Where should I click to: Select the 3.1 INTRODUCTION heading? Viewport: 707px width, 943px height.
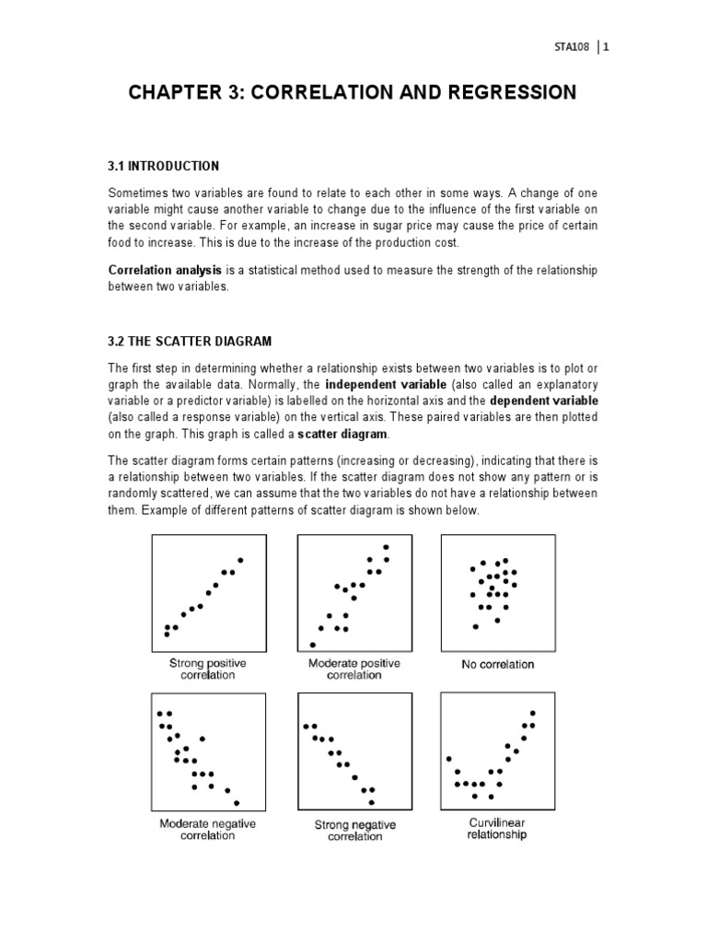coord(164,166)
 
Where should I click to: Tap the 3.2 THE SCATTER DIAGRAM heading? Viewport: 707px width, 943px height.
coord(190,341)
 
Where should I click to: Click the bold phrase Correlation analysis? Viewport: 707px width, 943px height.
coord(165,270)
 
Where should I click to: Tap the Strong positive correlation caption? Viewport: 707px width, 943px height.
coord(208,669)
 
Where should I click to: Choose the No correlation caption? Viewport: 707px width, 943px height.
coord(497,663)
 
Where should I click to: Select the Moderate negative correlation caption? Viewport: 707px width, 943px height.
coord(208,829)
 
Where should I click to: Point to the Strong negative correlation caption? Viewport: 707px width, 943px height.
coord(355,831)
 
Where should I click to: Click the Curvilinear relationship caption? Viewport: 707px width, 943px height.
coord(497,829)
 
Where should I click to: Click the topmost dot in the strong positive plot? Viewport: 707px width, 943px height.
coord(240,560)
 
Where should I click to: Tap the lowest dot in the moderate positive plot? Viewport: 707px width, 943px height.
coord(313,645)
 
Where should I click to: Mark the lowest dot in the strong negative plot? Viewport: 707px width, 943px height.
coord(372,802)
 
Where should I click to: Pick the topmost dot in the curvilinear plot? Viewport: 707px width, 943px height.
coord(533,714)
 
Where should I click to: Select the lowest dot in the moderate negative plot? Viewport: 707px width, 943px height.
coord(237,803)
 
